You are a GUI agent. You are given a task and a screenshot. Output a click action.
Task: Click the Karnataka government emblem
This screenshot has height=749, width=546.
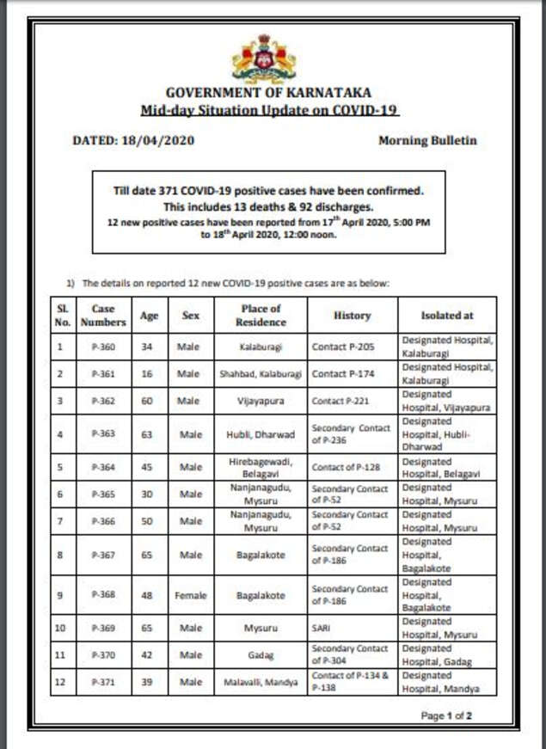[x=264, y=58]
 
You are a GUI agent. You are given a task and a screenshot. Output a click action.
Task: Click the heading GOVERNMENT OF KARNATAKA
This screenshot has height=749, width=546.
[x=270, y=92]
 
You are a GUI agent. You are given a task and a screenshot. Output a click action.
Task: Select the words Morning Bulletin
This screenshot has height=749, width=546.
[x=427, y=140]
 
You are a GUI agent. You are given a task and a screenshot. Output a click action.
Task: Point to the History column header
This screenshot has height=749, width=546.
[x=352, y=316]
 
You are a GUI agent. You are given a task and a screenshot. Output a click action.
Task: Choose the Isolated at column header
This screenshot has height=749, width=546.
[x=446, y=316]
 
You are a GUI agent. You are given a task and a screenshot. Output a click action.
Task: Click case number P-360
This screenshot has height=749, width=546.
[x=103, y=348]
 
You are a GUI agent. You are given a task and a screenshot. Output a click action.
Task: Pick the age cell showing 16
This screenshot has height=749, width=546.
[x=147, y=375]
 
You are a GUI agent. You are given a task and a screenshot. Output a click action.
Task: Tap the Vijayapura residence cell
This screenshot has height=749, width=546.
[x=261, y=402]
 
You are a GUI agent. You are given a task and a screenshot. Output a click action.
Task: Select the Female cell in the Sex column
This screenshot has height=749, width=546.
[x=191, y=595]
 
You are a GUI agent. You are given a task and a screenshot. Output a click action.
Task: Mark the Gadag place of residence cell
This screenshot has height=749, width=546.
[x=261, y=655]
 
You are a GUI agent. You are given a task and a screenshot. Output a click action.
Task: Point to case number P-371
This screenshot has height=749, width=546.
[x=103, y=682]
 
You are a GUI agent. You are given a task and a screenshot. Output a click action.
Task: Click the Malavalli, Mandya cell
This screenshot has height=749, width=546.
[x=261, y=682]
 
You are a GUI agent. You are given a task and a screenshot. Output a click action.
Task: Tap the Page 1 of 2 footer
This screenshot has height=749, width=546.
[x=446, y=715]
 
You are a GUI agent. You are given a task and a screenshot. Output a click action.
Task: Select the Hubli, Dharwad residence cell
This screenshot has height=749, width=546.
[x=261, y=434]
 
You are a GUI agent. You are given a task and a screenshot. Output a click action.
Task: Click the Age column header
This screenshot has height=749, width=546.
[x=149, y=316]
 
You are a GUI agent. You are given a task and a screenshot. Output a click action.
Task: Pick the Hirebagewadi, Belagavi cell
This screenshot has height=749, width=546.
[x=261, y=468]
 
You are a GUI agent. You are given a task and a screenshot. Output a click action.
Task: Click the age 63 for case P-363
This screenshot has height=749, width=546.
[x=147, y=434]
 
